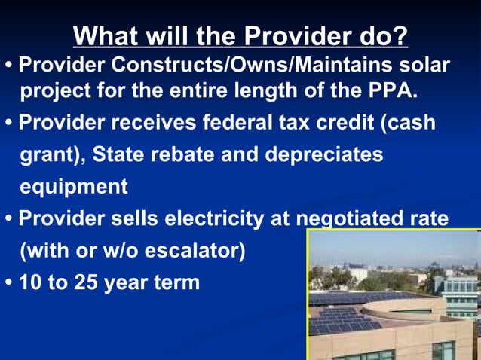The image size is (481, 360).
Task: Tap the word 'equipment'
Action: coord(74,187)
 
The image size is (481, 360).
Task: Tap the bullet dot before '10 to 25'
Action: coord(8,283)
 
